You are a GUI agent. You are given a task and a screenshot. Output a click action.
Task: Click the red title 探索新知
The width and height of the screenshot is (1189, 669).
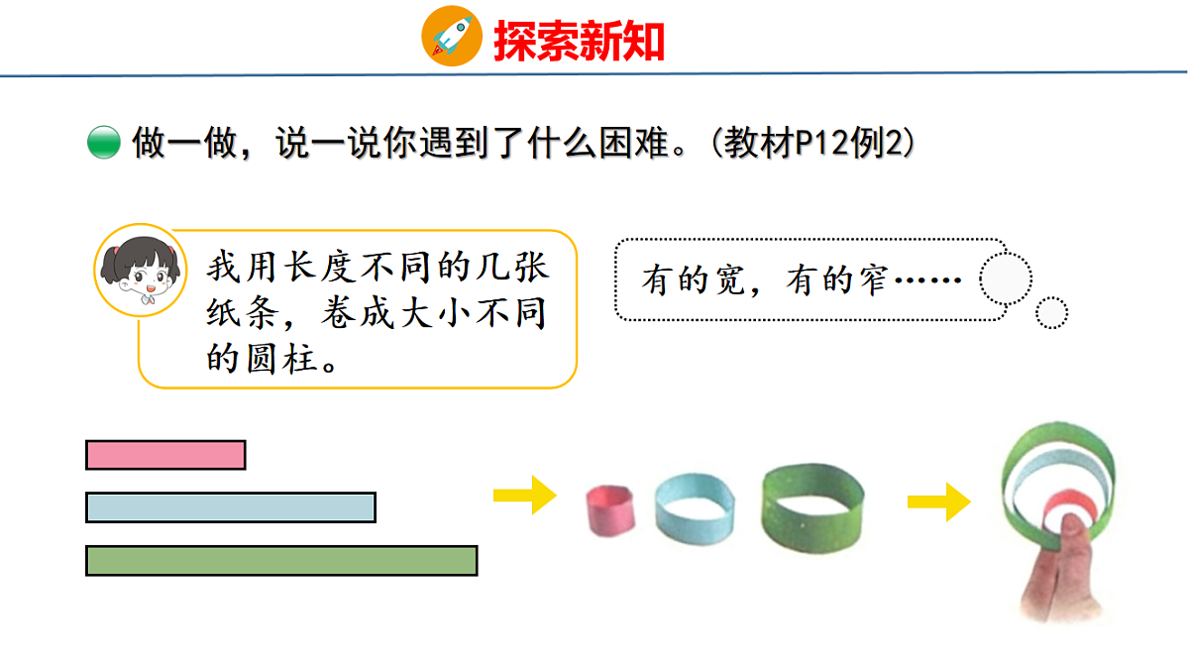[579, 41]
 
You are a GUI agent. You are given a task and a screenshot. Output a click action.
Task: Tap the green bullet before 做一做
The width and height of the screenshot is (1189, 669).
[103, 144]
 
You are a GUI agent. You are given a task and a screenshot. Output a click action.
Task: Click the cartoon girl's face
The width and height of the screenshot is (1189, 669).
[141, 270]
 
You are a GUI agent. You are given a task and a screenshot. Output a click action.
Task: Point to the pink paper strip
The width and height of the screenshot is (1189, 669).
[165, 455]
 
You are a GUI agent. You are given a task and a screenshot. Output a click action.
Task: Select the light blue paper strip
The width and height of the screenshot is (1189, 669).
[231, 507]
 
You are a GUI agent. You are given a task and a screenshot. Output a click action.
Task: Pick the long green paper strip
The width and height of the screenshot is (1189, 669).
[281, 560]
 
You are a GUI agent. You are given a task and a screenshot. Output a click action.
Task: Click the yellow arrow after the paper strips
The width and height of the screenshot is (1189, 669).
[525, 494]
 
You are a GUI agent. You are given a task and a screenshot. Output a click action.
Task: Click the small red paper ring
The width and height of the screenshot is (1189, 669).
[610, 509]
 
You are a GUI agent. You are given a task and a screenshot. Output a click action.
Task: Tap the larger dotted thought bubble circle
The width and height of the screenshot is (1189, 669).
[1006, 279]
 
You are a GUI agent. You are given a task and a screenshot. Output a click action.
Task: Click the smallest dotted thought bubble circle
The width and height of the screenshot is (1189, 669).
[1051, 313]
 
